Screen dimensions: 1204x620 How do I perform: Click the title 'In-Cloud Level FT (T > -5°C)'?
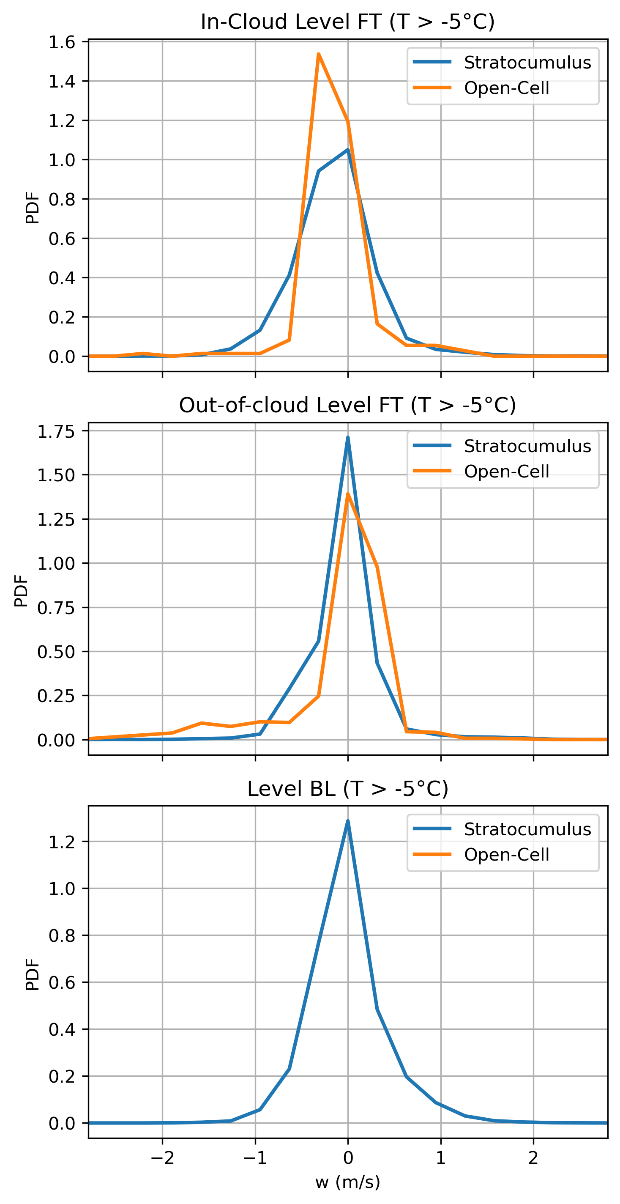347,22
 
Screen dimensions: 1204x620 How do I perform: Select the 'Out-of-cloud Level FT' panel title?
347,405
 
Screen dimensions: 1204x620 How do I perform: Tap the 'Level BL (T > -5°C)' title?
347,789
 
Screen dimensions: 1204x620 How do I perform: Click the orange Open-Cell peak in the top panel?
318,54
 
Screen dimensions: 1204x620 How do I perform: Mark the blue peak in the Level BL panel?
347,821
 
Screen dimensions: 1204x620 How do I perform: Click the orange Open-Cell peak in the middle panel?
347,494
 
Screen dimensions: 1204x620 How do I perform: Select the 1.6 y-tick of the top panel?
62,42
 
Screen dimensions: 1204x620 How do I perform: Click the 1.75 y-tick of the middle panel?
56,431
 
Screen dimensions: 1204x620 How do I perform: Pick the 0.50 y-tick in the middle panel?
56,652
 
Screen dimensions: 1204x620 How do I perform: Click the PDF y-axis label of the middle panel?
21,591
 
